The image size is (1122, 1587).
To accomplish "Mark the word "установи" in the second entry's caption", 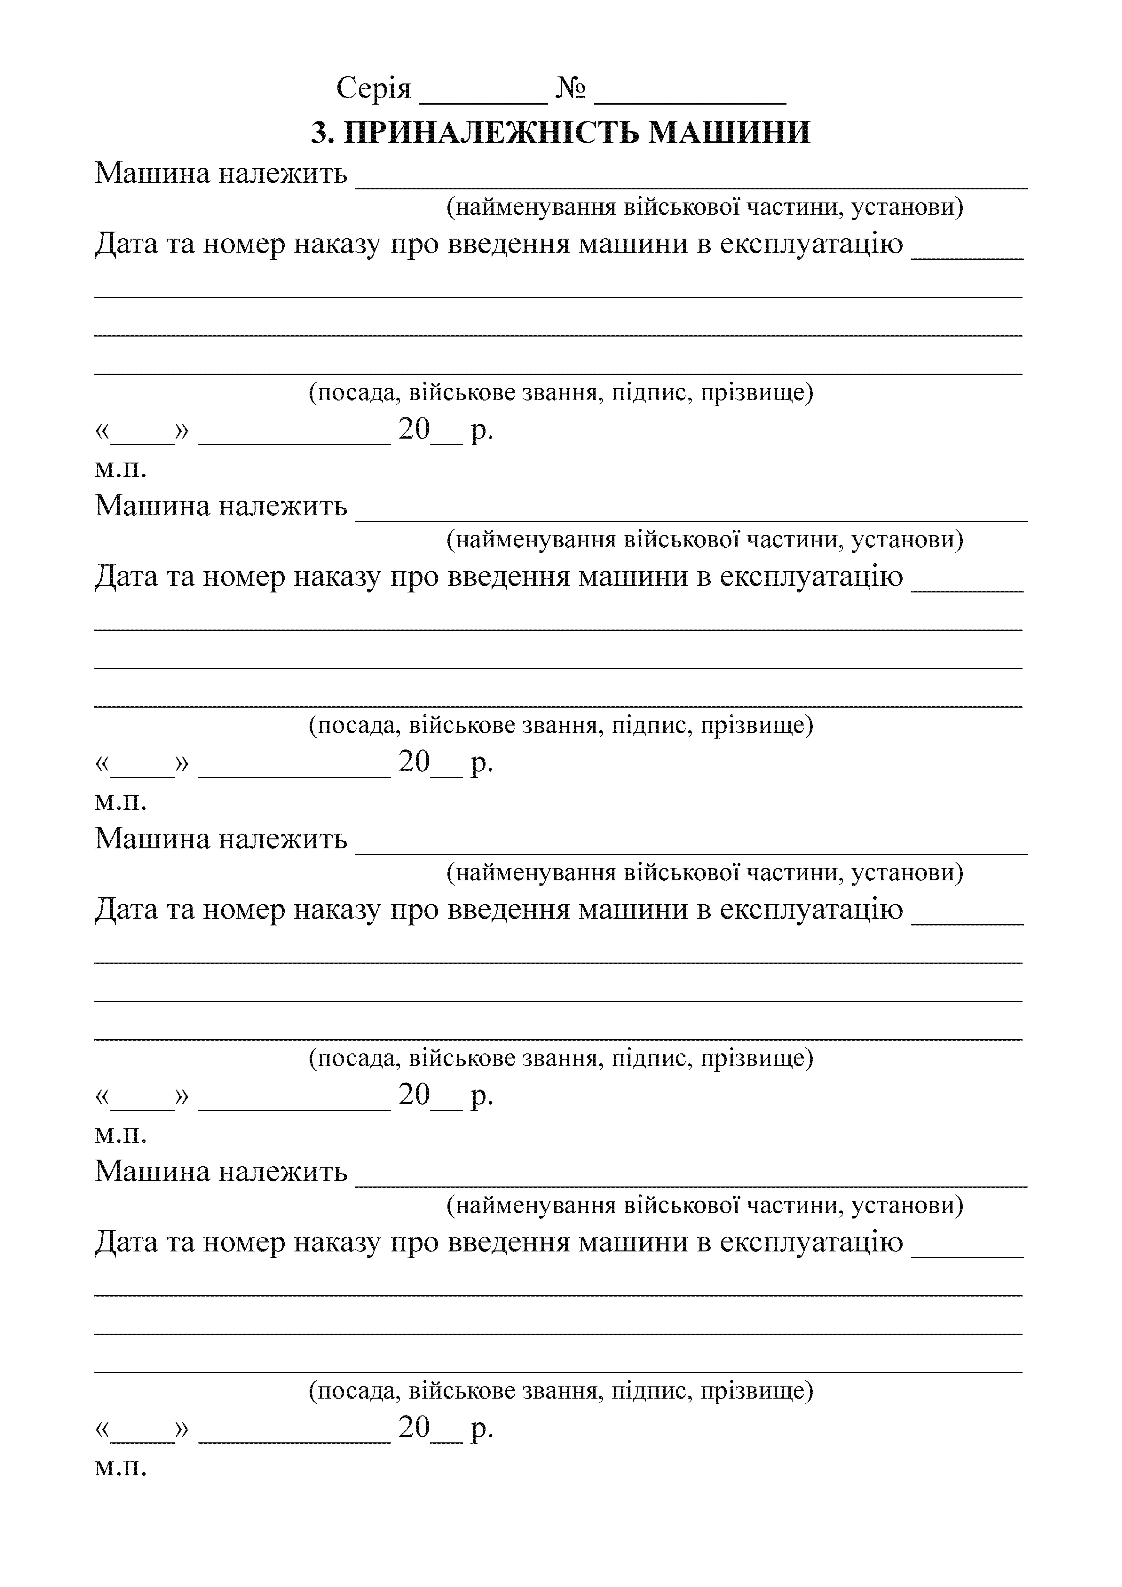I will tap(906, 540).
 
